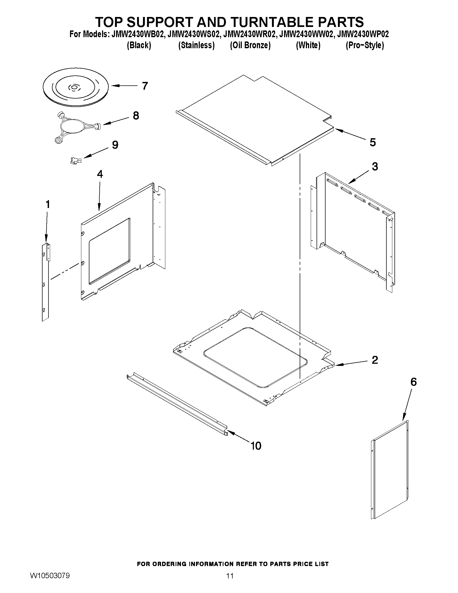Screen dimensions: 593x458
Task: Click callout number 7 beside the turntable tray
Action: (x=145, y=86)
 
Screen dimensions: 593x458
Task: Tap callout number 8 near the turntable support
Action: (x=136, y=116)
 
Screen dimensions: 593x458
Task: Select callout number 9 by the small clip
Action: (x=115, y=145)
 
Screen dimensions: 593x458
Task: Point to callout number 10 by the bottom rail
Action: (x=256, y=446)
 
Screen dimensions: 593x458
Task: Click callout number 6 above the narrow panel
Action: (x=413, y=382)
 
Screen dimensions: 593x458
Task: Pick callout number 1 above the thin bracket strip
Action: (x=48, y=204)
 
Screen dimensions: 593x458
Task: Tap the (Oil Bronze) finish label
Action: (x=250, y=45)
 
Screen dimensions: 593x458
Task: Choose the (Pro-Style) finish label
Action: (x=364, y=45)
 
